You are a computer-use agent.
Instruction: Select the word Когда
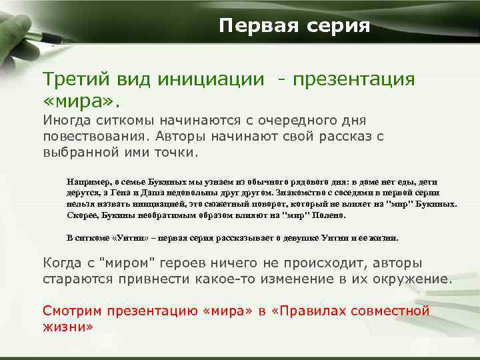(63, 263)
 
